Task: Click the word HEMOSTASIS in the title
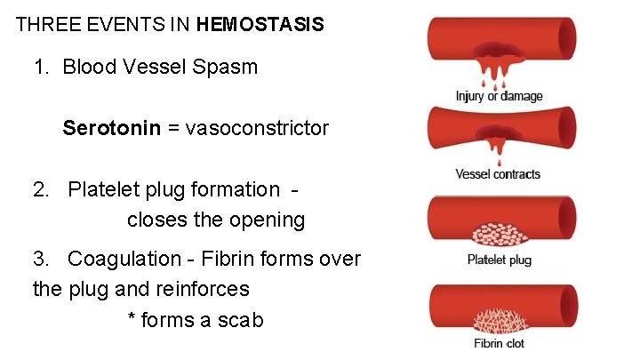(260, 25)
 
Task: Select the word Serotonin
(111, 128)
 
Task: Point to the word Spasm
(227, 68)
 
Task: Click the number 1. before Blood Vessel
(42, 68)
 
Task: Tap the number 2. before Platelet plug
(42, 189)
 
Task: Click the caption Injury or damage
(499, 96)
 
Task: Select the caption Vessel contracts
(498, 174)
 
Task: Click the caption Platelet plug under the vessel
(499, 260)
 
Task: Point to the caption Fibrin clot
(499, 343)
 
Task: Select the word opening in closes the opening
(268, 220)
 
